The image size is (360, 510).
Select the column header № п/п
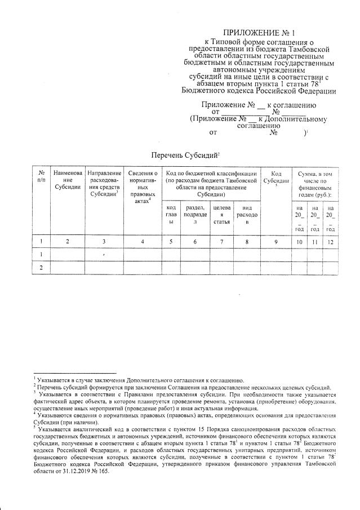pos(41,175)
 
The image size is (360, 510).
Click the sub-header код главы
pos(170,215)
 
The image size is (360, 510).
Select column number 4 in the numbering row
pos(142,242)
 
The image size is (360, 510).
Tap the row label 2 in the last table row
pos(41,268)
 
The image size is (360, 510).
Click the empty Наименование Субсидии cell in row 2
pos(68,268)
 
